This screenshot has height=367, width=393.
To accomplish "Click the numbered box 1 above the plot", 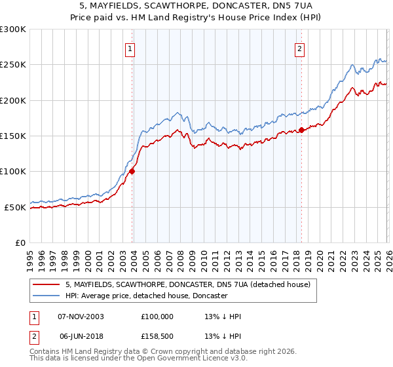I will tap(130, 48).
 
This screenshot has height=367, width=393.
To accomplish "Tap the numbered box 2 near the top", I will tap(300, 48).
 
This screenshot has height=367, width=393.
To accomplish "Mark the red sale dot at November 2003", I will tap(132, 172).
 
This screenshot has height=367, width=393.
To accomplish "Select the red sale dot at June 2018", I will tap(300, 130).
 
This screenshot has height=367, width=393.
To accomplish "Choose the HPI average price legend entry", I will tap(146, 296).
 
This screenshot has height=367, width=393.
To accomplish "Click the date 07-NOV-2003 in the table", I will tap(81, 317).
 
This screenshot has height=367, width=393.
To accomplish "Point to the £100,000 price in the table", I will tap(157, 317).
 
